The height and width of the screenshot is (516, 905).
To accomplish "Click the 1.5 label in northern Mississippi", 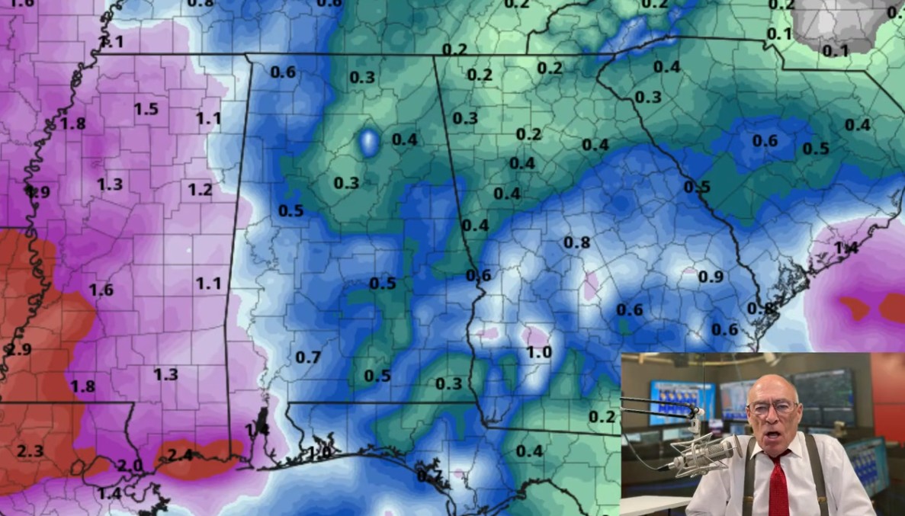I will tap(146, 109).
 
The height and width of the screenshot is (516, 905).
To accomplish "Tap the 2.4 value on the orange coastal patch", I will tap(179, 455).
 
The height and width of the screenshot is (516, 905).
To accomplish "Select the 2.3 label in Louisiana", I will tap(30, 451).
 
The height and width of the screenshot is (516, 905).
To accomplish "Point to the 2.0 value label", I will tap(130, 466).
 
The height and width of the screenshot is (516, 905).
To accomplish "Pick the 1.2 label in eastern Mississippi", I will tap(200, 190).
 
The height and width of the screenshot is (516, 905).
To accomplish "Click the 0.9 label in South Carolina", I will tap(711, 277).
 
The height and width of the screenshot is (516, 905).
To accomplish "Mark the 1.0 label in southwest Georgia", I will tap(538, 352).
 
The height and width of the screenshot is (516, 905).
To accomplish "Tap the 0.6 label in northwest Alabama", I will tap(283, 72).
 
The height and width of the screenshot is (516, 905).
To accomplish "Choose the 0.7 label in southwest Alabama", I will tap(308, 357).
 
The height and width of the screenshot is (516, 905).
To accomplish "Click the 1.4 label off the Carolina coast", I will tap(846, 248).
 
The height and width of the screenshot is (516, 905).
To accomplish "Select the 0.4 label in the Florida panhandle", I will tap(529, 450).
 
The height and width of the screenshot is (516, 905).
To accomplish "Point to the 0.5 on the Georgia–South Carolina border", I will tap(697, 187).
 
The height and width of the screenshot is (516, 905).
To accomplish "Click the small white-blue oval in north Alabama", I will tap(369, 142).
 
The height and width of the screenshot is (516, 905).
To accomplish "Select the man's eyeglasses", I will tap(773, 408).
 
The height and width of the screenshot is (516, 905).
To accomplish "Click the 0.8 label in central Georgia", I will tap(576, 242).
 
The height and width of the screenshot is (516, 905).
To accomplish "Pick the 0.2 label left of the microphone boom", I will tap(602, 416).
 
